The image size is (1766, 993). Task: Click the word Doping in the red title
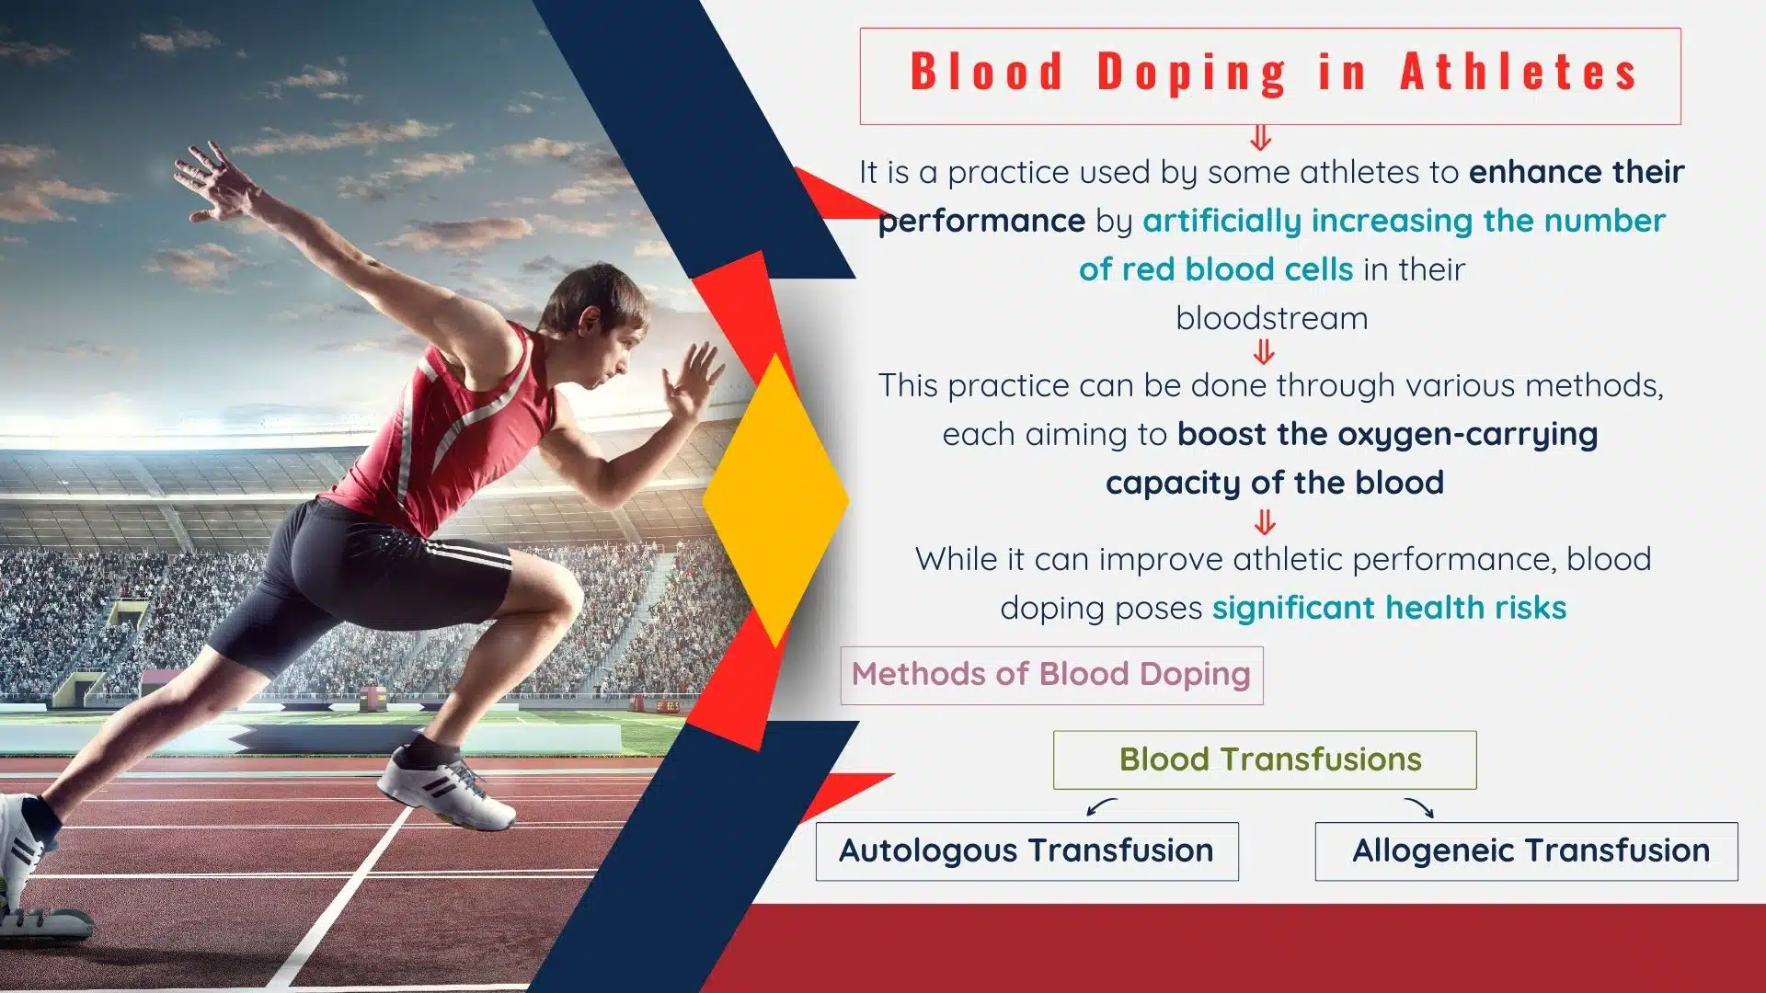(1192, 73)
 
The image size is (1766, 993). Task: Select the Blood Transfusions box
(1265, 759)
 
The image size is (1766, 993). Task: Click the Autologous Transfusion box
(1026, 851)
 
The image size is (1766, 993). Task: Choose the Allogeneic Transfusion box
(1526, 851)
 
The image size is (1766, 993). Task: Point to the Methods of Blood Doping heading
(1051, 675)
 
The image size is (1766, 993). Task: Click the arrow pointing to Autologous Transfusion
(1101, 806)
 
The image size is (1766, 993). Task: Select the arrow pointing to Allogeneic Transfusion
(1419, 807)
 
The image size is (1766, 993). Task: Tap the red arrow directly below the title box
(1261, 138)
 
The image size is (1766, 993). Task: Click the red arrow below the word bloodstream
(1265, 351)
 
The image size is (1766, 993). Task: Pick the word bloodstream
(1271, 318)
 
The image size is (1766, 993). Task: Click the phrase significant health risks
(1389, 608)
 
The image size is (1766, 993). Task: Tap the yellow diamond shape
(775, 501)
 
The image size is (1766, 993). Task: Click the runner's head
(598, 322)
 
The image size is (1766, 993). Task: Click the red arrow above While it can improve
(1265, 523)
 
